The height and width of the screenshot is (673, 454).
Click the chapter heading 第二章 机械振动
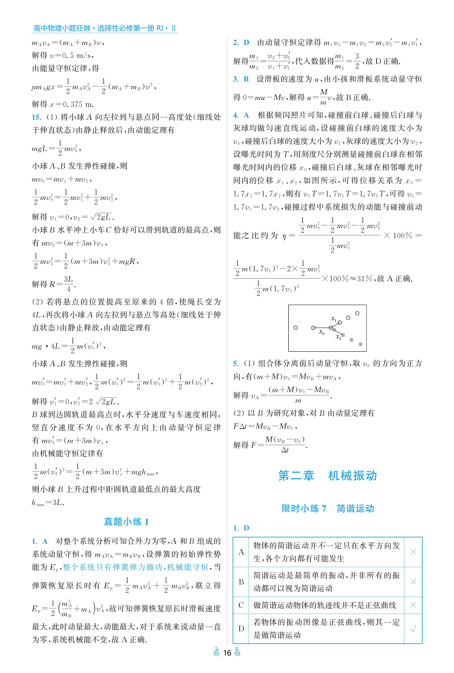328,476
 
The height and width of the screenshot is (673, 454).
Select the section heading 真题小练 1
126,522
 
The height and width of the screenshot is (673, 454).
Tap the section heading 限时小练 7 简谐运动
328,508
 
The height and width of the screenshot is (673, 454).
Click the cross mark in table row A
413,552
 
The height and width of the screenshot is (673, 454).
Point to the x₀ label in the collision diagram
322,333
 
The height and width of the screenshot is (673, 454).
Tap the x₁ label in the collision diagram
334,319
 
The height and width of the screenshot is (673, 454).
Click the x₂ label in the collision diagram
338,337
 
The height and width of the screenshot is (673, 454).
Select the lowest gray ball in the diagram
360,344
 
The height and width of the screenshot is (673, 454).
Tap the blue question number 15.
37,117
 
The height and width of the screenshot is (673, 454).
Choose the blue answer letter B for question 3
246,79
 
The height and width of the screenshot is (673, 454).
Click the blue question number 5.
236,364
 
